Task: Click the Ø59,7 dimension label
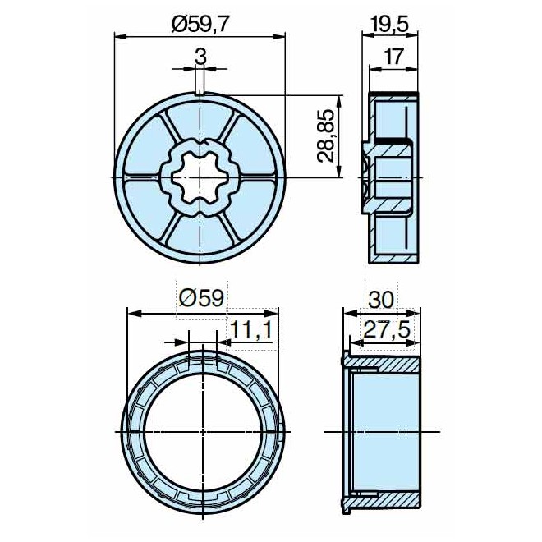pos(200,25)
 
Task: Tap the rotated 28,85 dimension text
pos(328,137)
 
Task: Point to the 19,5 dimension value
pos(391,25)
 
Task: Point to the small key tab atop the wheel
pos(200,91)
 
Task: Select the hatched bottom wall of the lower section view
pos(394,499)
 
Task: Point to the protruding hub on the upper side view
pos(365,177)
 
